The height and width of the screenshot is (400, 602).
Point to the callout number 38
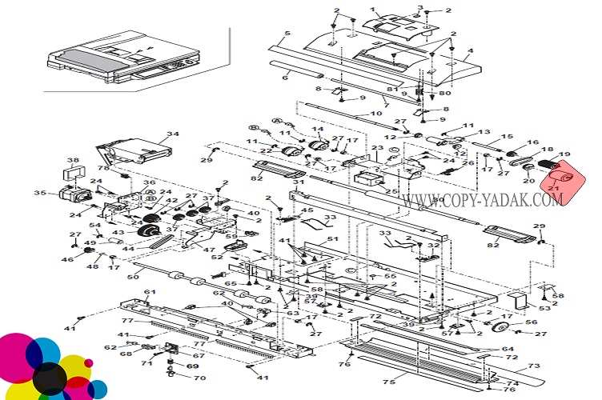pyautogui.click(x=72, y=160)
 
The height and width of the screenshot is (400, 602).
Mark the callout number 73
pyautogui.click(x=535, y=366)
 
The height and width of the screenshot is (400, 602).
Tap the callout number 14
pyautogui.click(x=318, y=130)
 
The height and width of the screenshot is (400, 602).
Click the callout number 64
pyautogui.click(x=508, y=349)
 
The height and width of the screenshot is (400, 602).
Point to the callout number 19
pyautogui.click(x=565, y=154)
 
